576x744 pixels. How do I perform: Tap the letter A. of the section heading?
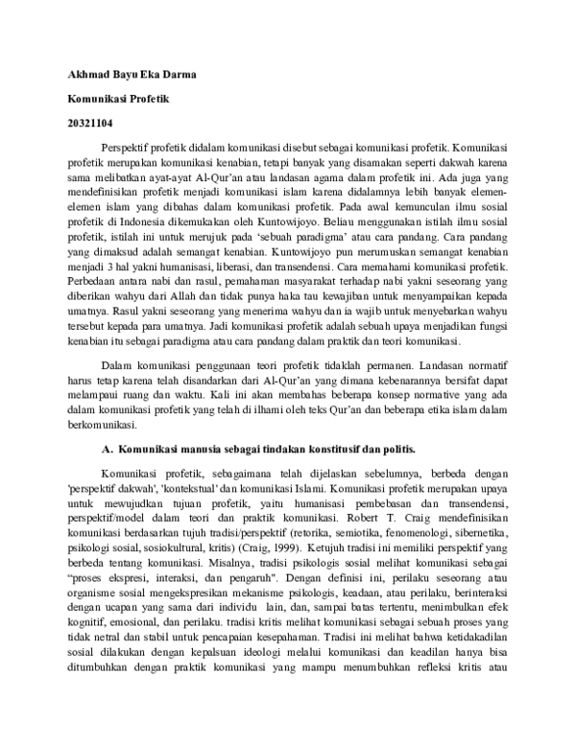click(x=108, y=447)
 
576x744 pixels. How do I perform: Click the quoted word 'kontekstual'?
click(x=190, y=487)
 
